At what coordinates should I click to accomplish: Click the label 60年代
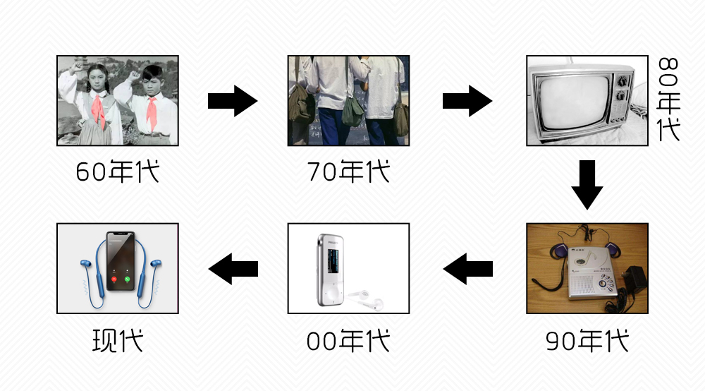coord(118,172)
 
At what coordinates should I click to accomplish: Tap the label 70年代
coord(348,172)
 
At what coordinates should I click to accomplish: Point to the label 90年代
coord(587,341)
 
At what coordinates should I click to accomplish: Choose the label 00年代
coord(348,341)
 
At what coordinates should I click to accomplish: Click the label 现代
coord(118,341)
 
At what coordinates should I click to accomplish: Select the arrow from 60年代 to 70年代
coord(233,101)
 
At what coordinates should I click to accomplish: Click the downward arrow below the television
coord(587,185)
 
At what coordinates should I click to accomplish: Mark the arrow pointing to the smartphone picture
coord(233,268)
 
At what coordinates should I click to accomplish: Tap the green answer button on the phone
coord(128,279)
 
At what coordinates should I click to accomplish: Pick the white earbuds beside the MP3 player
coord(366,296)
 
